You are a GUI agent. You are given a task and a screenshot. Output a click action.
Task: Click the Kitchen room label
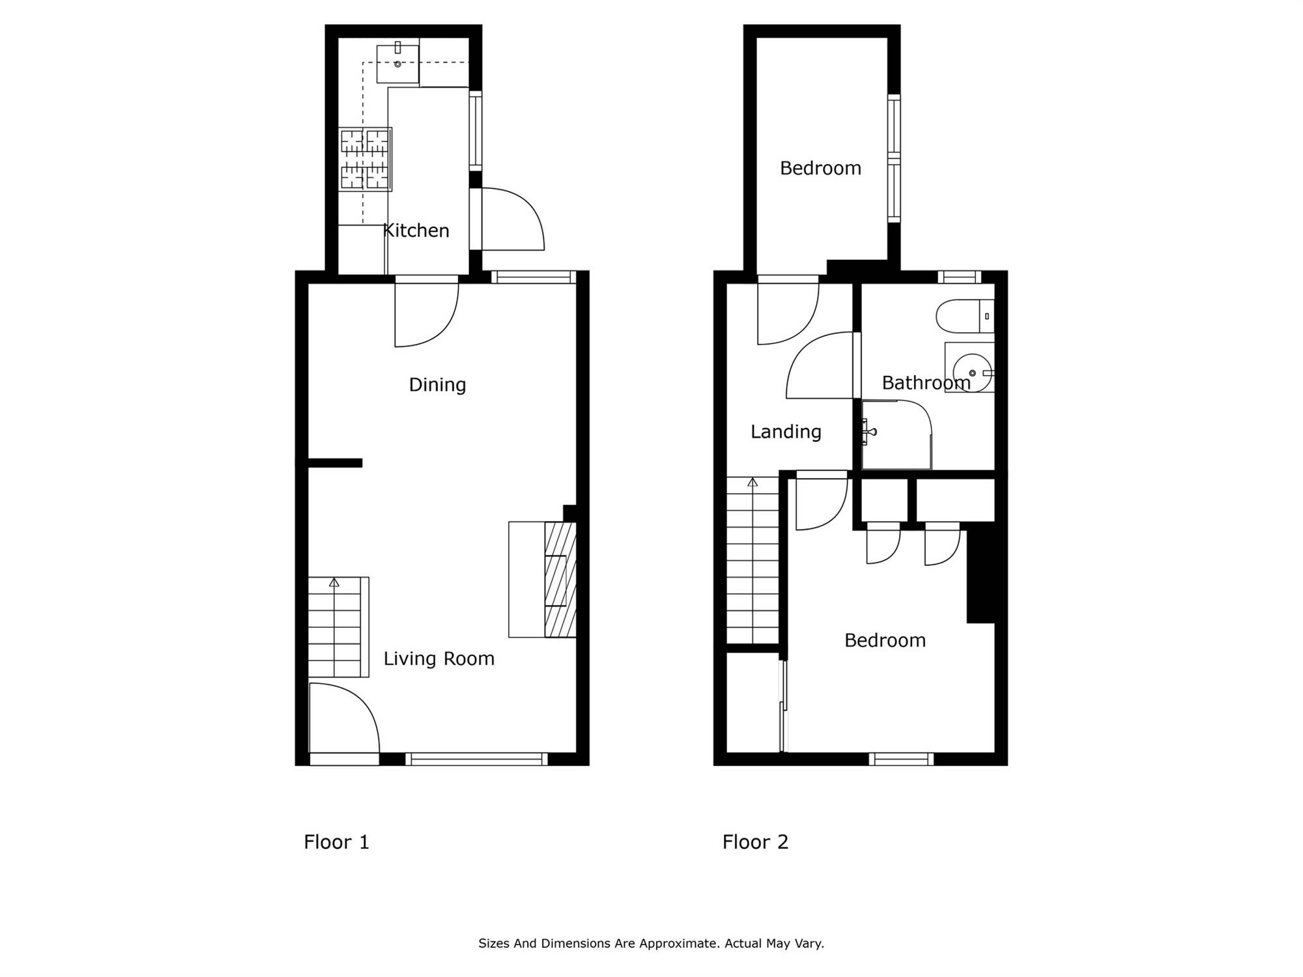click(x=416, y=231)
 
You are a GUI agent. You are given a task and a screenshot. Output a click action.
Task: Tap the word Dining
click(x=437, y=385)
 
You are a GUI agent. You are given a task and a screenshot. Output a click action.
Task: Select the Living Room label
click(x=438, y=658)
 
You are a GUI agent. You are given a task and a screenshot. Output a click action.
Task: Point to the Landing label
click(x=786, y=432)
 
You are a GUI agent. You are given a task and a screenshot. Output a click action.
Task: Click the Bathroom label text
click(x=926, y=383)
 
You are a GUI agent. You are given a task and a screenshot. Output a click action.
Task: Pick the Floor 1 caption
click(x=336, y=842)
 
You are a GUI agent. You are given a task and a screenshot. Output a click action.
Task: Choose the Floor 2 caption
click(x=755, y=842)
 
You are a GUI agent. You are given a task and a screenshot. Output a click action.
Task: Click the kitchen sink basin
click(x=397, y=64)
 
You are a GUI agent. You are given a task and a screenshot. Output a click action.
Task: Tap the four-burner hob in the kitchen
click(x=365, y=160)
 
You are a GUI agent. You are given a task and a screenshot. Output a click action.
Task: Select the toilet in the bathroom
click(x=965, y=316)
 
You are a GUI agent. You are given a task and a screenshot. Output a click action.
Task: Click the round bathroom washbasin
click(x=971, y=373)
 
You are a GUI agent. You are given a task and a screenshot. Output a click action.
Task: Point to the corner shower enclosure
click(x=896, y=434)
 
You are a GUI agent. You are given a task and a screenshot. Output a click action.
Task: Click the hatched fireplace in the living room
click(x=560, y=579)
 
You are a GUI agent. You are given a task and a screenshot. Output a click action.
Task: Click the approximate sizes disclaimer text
click(x=651, y=943)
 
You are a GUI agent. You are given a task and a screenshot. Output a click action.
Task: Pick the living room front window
click(x=476, y=759)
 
